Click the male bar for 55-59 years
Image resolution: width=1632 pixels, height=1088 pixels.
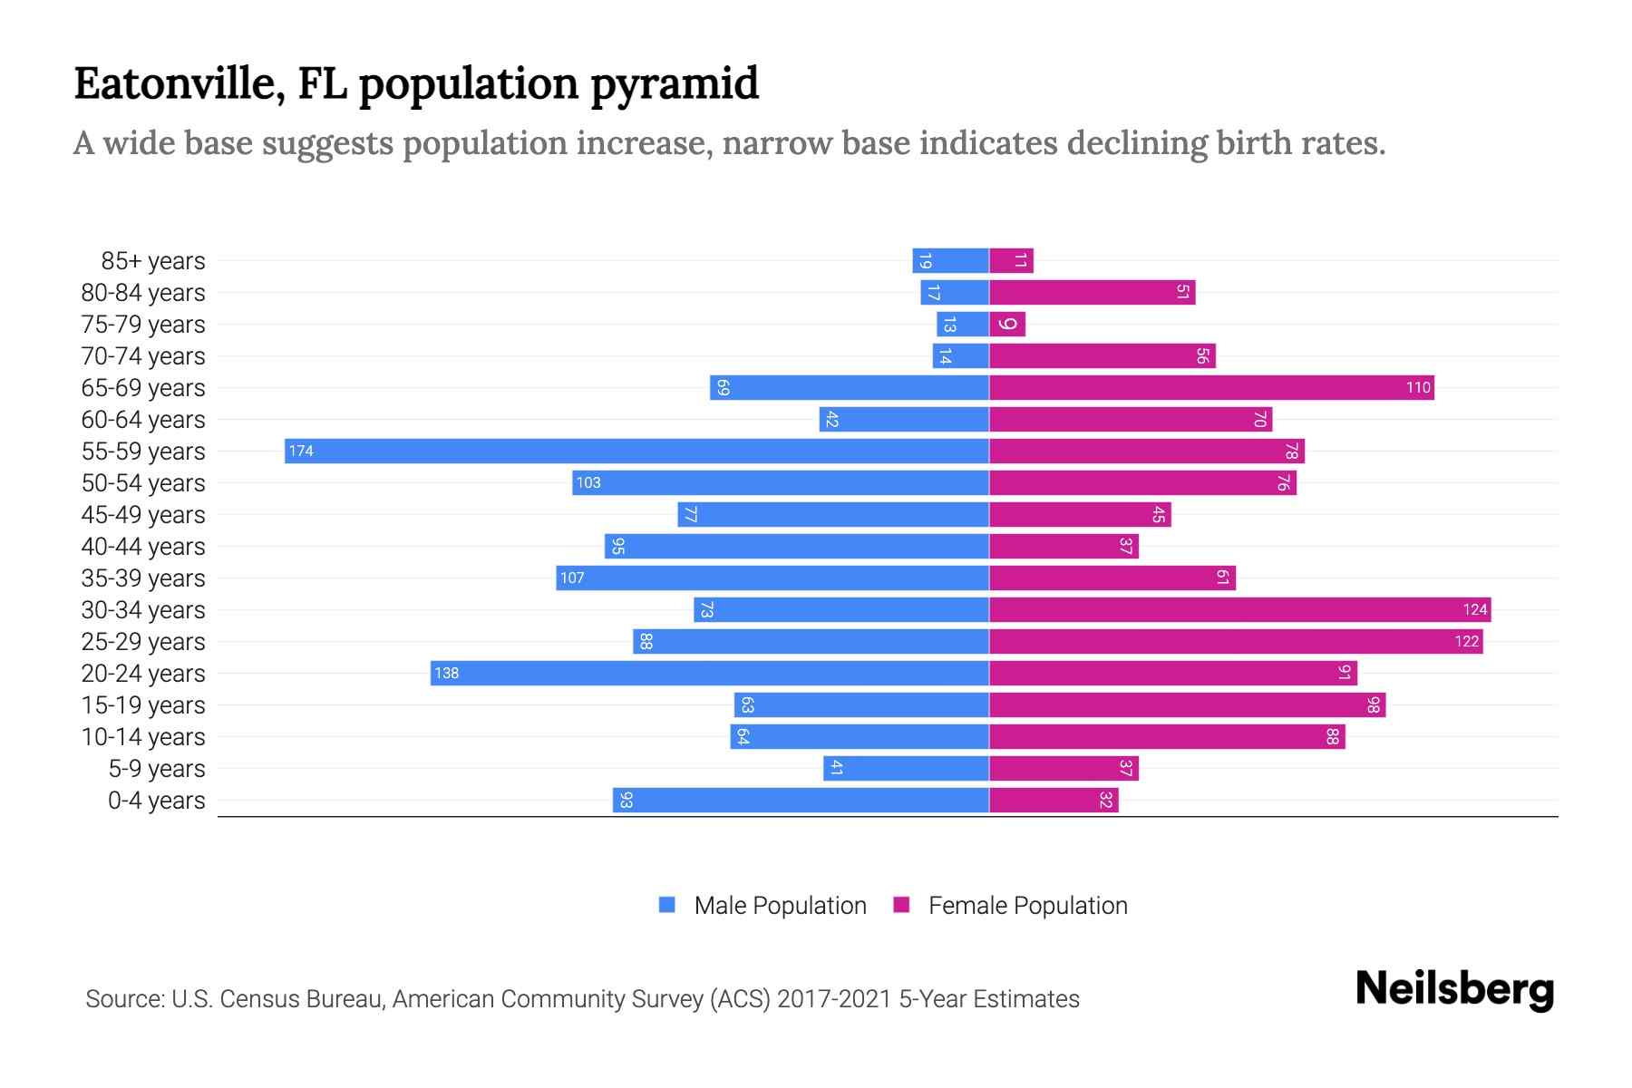click(x=636, y=452)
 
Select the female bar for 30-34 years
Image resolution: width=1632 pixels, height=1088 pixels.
click(x=1239, y=610)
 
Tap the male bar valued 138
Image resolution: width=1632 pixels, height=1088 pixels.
click(x=709, y=674)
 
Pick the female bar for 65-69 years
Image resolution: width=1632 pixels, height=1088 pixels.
click(x=1211, y=388)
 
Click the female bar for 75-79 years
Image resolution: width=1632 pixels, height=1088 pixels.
click(x=1007, y=325)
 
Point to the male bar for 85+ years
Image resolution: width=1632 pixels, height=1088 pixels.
click(x=950, y=261)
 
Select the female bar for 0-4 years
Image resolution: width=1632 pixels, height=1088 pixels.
click(x=1054, y=801)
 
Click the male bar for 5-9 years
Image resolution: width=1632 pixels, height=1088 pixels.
click(x=906, y=769)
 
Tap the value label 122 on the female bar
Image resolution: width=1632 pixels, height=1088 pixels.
click(x=1466, y=642)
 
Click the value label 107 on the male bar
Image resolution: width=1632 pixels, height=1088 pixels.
click(x=572, y=578)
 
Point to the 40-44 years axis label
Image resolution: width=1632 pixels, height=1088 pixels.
click(x=143, y=547)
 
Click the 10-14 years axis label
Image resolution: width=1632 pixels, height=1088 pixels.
click(x=143, y=737)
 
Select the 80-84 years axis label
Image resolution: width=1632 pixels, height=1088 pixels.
click(x=143, y=293)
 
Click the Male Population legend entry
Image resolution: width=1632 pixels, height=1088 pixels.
click(x=780, y=906)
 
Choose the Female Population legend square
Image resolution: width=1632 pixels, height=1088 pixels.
click(x=901, y=905)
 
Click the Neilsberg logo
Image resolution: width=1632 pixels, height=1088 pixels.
click(x=1454, y=990)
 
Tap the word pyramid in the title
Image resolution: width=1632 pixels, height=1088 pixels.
click(x=675, y=84)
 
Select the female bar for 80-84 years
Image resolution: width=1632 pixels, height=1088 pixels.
click(x=1092, y=293)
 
